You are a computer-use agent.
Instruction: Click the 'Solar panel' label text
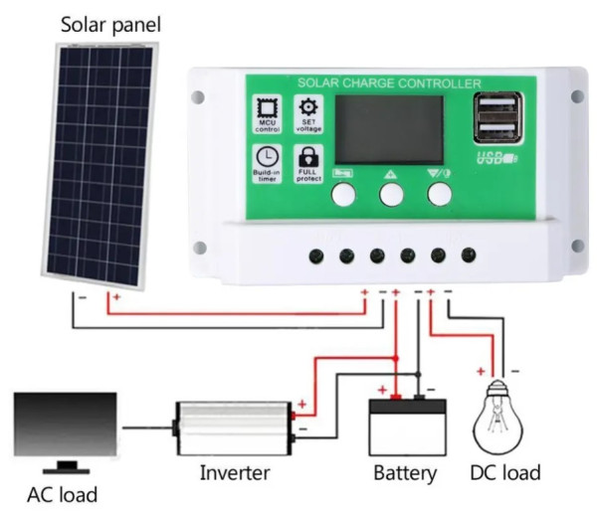[x=109, y=22]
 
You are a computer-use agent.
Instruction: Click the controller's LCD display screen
[x=388, y=129]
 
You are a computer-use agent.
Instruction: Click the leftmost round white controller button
[x=344, y=194]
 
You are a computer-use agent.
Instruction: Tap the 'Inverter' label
[x=235, y=472]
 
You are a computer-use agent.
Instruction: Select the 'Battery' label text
[x=405, y=474]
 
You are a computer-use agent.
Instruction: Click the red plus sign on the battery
[x=382, y=388]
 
